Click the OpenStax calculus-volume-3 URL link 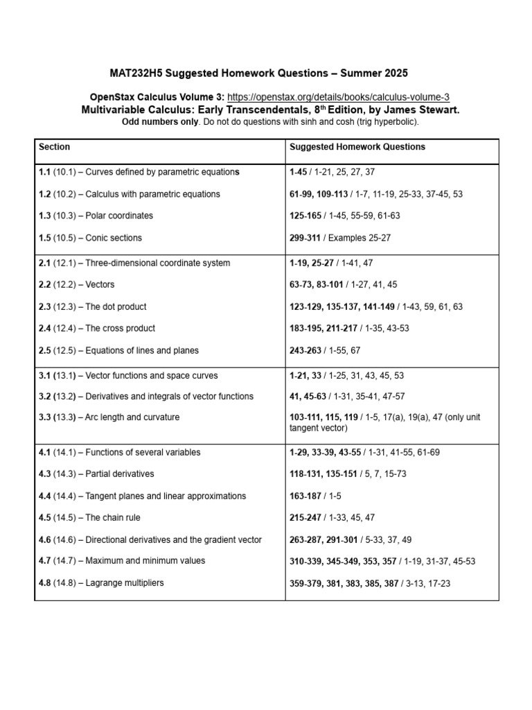pos(343,97)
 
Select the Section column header pos(55,147)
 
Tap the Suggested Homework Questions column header pos(357,147)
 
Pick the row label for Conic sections pos(90,238)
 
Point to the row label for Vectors pos(77,284)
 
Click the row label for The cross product pos(97,328)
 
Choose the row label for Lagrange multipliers pos(102,582)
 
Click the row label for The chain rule pos(89,517)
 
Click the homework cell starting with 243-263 pos(325,350)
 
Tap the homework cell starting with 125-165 pos(344,216)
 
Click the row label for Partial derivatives pos(96,474)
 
